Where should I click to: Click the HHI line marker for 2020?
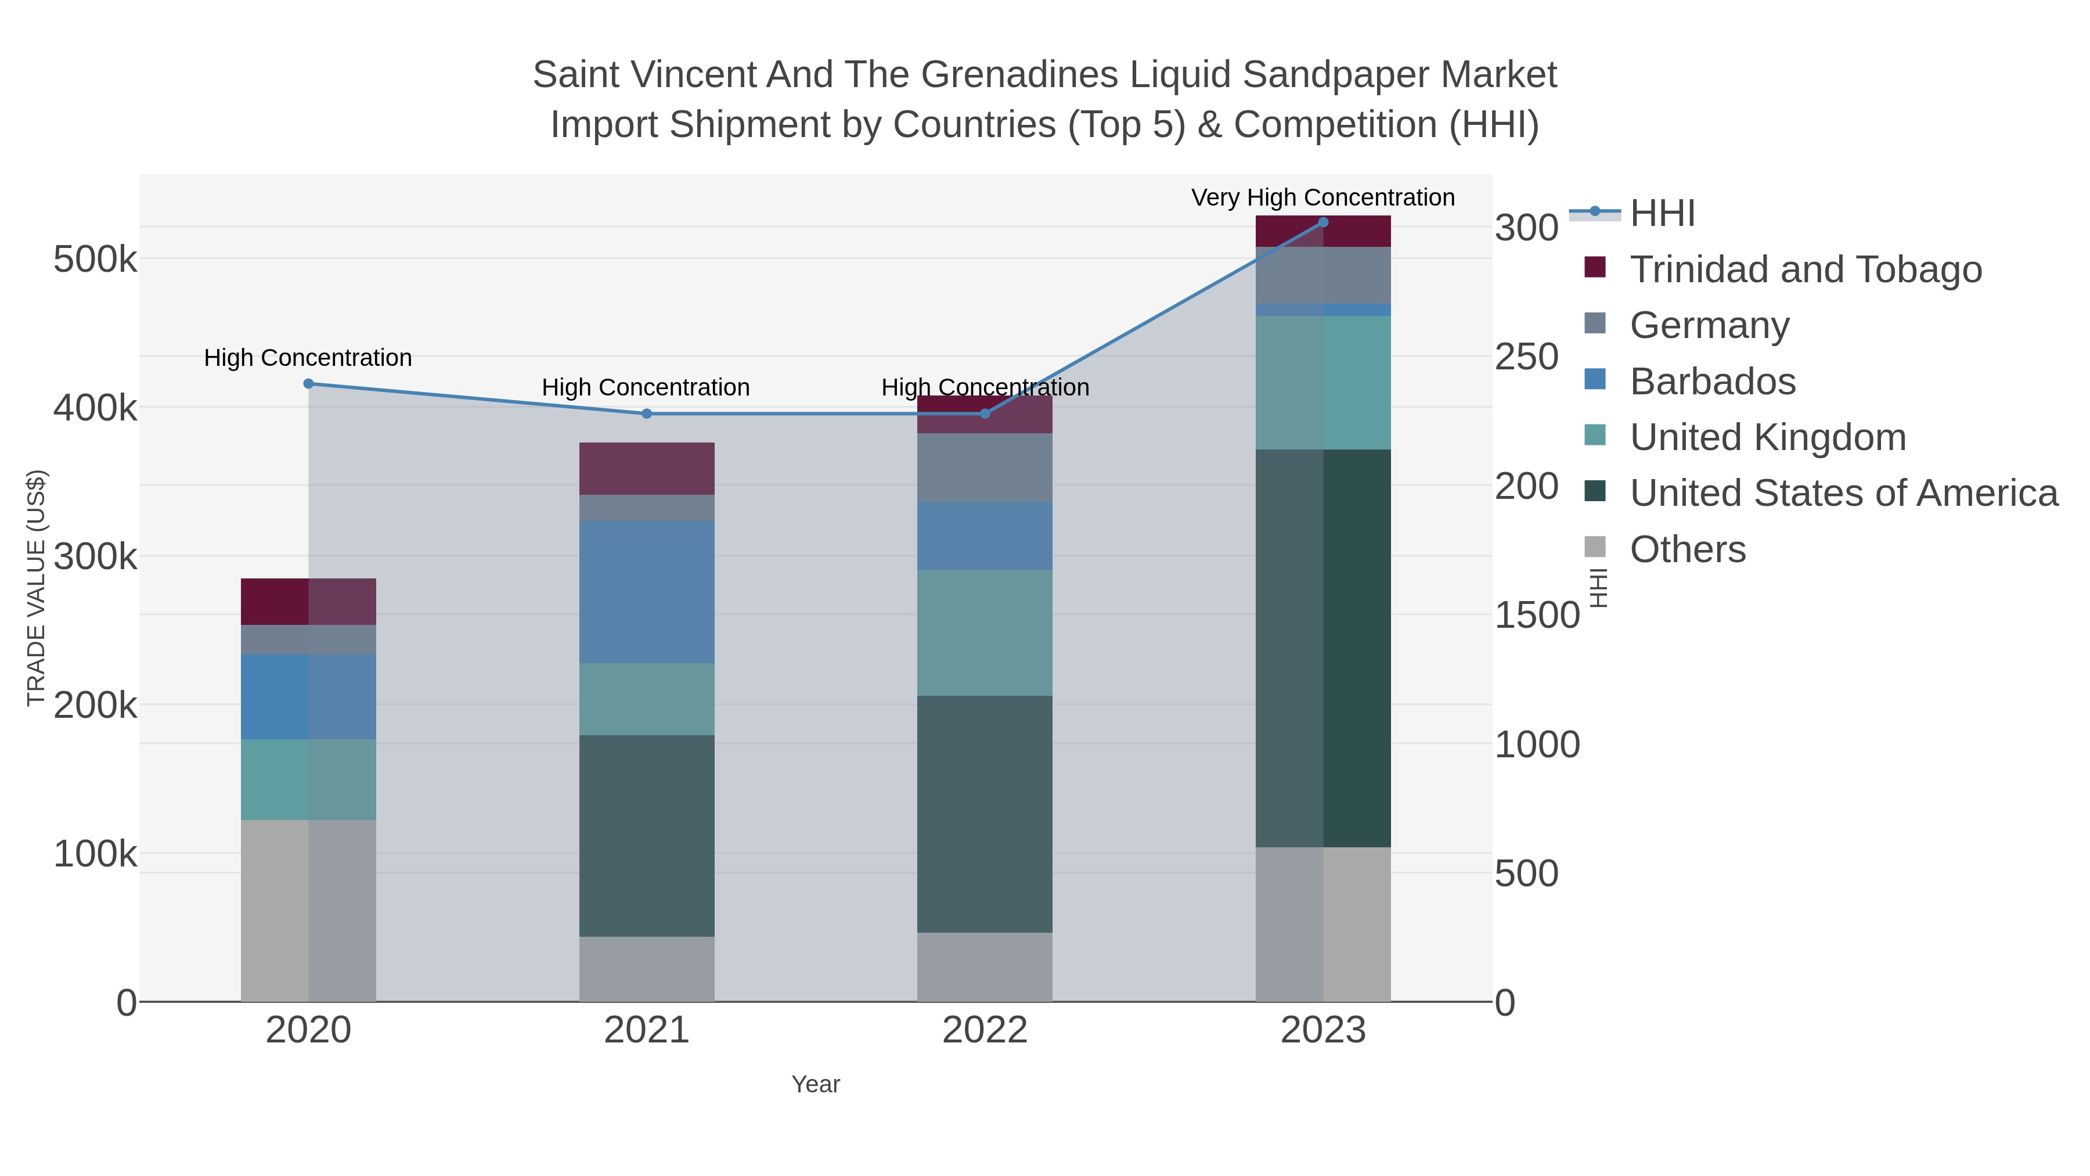308,384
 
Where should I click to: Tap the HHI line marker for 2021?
647,414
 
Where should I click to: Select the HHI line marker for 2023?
1323,222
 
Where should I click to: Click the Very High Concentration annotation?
1323,197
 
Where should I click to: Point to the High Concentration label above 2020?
308,358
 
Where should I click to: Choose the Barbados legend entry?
1712,382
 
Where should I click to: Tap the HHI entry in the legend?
1662,214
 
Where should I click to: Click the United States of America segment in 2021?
647,836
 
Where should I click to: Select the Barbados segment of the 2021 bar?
647,592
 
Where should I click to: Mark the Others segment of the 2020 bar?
308,911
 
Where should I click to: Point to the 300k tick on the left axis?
95,558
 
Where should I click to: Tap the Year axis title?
816,1084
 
